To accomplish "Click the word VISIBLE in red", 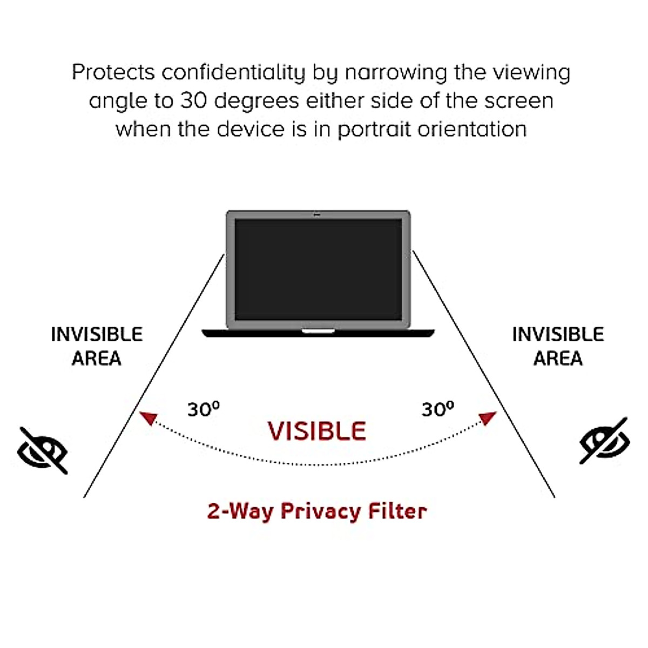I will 317,431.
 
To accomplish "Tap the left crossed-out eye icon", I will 43,450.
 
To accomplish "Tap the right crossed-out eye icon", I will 604,441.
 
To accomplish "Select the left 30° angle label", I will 204,409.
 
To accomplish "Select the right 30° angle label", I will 438,409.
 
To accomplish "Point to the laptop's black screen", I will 318,269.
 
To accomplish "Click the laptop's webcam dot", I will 318,215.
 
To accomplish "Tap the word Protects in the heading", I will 113,72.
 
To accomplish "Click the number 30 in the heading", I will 193,101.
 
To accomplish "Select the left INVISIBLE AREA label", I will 97,346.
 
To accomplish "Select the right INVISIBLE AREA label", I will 558,346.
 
